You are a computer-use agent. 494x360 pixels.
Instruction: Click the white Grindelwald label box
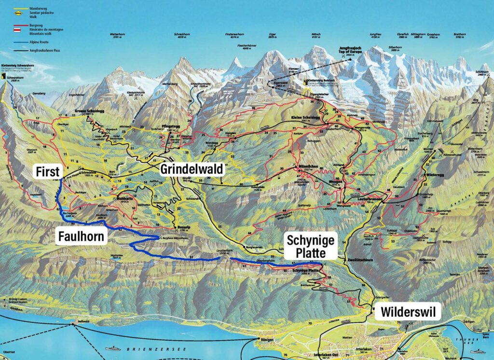coord(192,169)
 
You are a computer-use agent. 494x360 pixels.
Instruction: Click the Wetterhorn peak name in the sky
coord(117,34)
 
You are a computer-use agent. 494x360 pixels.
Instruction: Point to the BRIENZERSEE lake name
coord(140,348)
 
